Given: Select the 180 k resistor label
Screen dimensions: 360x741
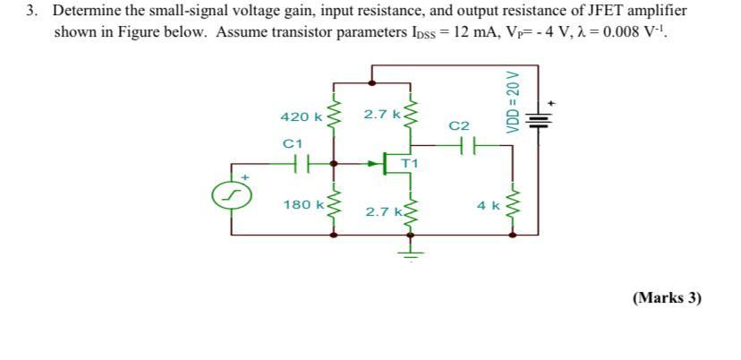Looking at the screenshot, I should [x=302, y=205].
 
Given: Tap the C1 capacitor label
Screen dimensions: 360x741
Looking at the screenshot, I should [x=293, y=143].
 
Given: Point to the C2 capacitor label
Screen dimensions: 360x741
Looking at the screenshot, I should [x=459, y=126].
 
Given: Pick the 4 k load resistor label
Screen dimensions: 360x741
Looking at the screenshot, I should [x=489, y=205].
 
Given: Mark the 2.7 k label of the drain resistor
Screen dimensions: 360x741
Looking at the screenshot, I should [x=381, y=114].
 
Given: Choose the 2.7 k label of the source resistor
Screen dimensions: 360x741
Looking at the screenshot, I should [x=382, y=211].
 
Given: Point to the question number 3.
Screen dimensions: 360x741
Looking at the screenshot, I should [x=32, y=12].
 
